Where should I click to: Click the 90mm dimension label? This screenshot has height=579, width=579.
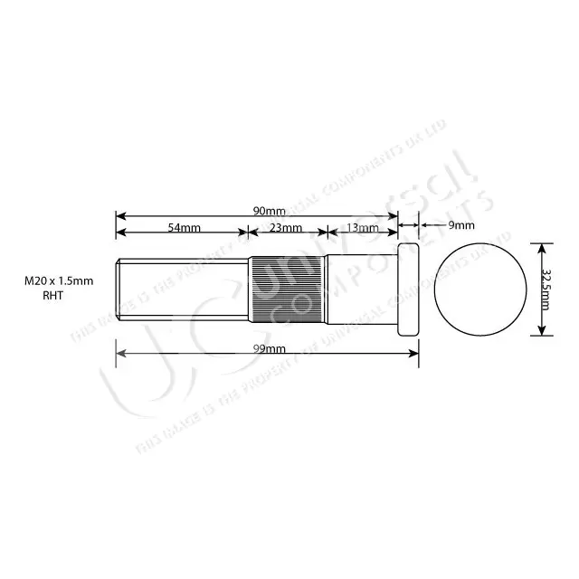coord(269,211)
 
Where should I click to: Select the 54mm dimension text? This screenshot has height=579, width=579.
coord(184,228)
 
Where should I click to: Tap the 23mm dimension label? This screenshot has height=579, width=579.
coord(286,228)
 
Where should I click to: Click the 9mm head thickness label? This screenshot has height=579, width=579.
coord(460,224)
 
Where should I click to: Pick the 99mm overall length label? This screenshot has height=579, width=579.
coord(269,349)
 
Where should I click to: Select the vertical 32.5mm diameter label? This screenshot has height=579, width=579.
coord(546,289)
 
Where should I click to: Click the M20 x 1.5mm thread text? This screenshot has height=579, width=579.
coord(59,282)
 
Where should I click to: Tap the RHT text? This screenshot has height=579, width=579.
coord(54,295)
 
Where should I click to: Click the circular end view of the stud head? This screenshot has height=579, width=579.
coord(480,289)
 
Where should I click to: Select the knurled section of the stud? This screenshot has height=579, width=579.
coord(287,289)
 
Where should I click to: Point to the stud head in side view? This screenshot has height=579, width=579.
coord(408,289)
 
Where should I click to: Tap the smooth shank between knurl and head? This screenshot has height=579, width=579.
coord(360,289)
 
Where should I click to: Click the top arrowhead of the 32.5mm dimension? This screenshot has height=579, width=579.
coord(541,246)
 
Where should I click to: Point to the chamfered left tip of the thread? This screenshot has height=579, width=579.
coord(119,289)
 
